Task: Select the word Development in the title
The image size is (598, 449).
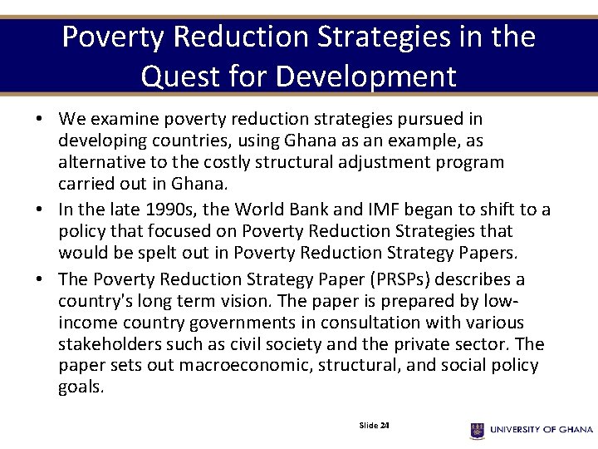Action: click(x=366, y=76)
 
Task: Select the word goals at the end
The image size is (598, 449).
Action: click(x=81, y=387)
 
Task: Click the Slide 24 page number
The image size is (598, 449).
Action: click(x=375, y=426)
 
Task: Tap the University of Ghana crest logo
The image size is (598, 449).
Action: click(x=477, y=430)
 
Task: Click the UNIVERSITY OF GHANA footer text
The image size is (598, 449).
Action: click(x=542, y=430)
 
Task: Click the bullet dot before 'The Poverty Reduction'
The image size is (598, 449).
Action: click(x=40, y=279)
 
